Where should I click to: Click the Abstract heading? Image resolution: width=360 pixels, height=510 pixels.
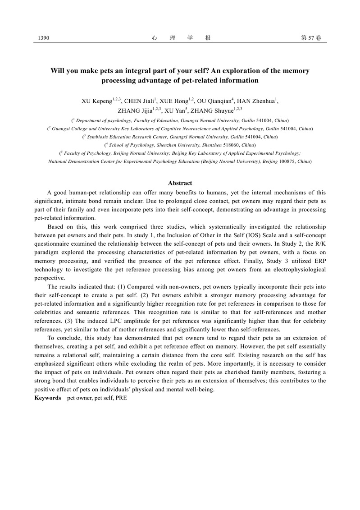pyautogui.click(x=180, y=183)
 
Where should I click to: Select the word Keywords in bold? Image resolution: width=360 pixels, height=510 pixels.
pyautogui.click(x=48, y=398)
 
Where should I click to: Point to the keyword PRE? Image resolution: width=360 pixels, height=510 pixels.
pyautogui.click(x=121, y=398)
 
